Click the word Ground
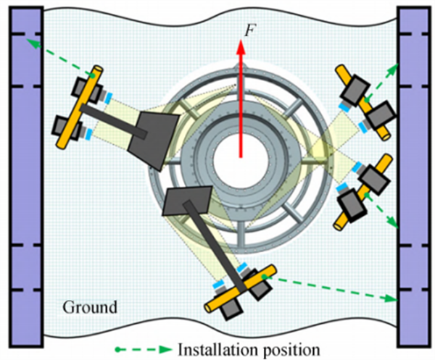[91, 306]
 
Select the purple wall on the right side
[413, 174]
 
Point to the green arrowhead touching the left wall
[29, 43]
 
